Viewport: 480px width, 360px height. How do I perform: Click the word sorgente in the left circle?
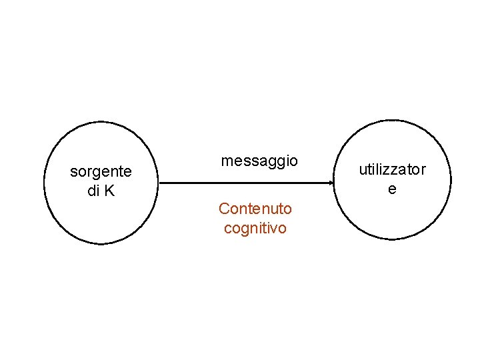101,172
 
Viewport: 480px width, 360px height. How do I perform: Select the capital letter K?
109,191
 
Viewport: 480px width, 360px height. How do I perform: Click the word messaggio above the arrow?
259,161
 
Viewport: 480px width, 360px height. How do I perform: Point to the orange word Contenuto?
255,209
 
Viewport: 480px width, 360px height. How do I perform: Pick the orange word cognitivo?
255,228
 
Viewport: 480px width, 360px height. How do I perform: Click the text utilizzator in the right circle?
392,169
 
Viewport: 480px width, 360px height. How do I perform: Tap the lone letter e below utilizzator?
392,189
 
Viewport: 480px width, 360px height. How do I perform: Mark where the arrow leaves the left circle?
160,183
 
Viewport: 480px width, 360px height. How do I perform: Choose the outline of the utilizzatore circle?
451,180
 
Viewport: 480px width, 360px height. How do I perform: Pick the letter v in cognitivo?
276,228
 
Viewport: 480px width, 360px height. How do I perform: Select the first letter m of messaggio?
227,161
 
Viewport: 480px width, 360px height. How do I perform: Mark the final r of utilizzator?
423,169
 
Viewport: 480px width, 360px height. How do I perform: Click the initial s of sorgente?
73,173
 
